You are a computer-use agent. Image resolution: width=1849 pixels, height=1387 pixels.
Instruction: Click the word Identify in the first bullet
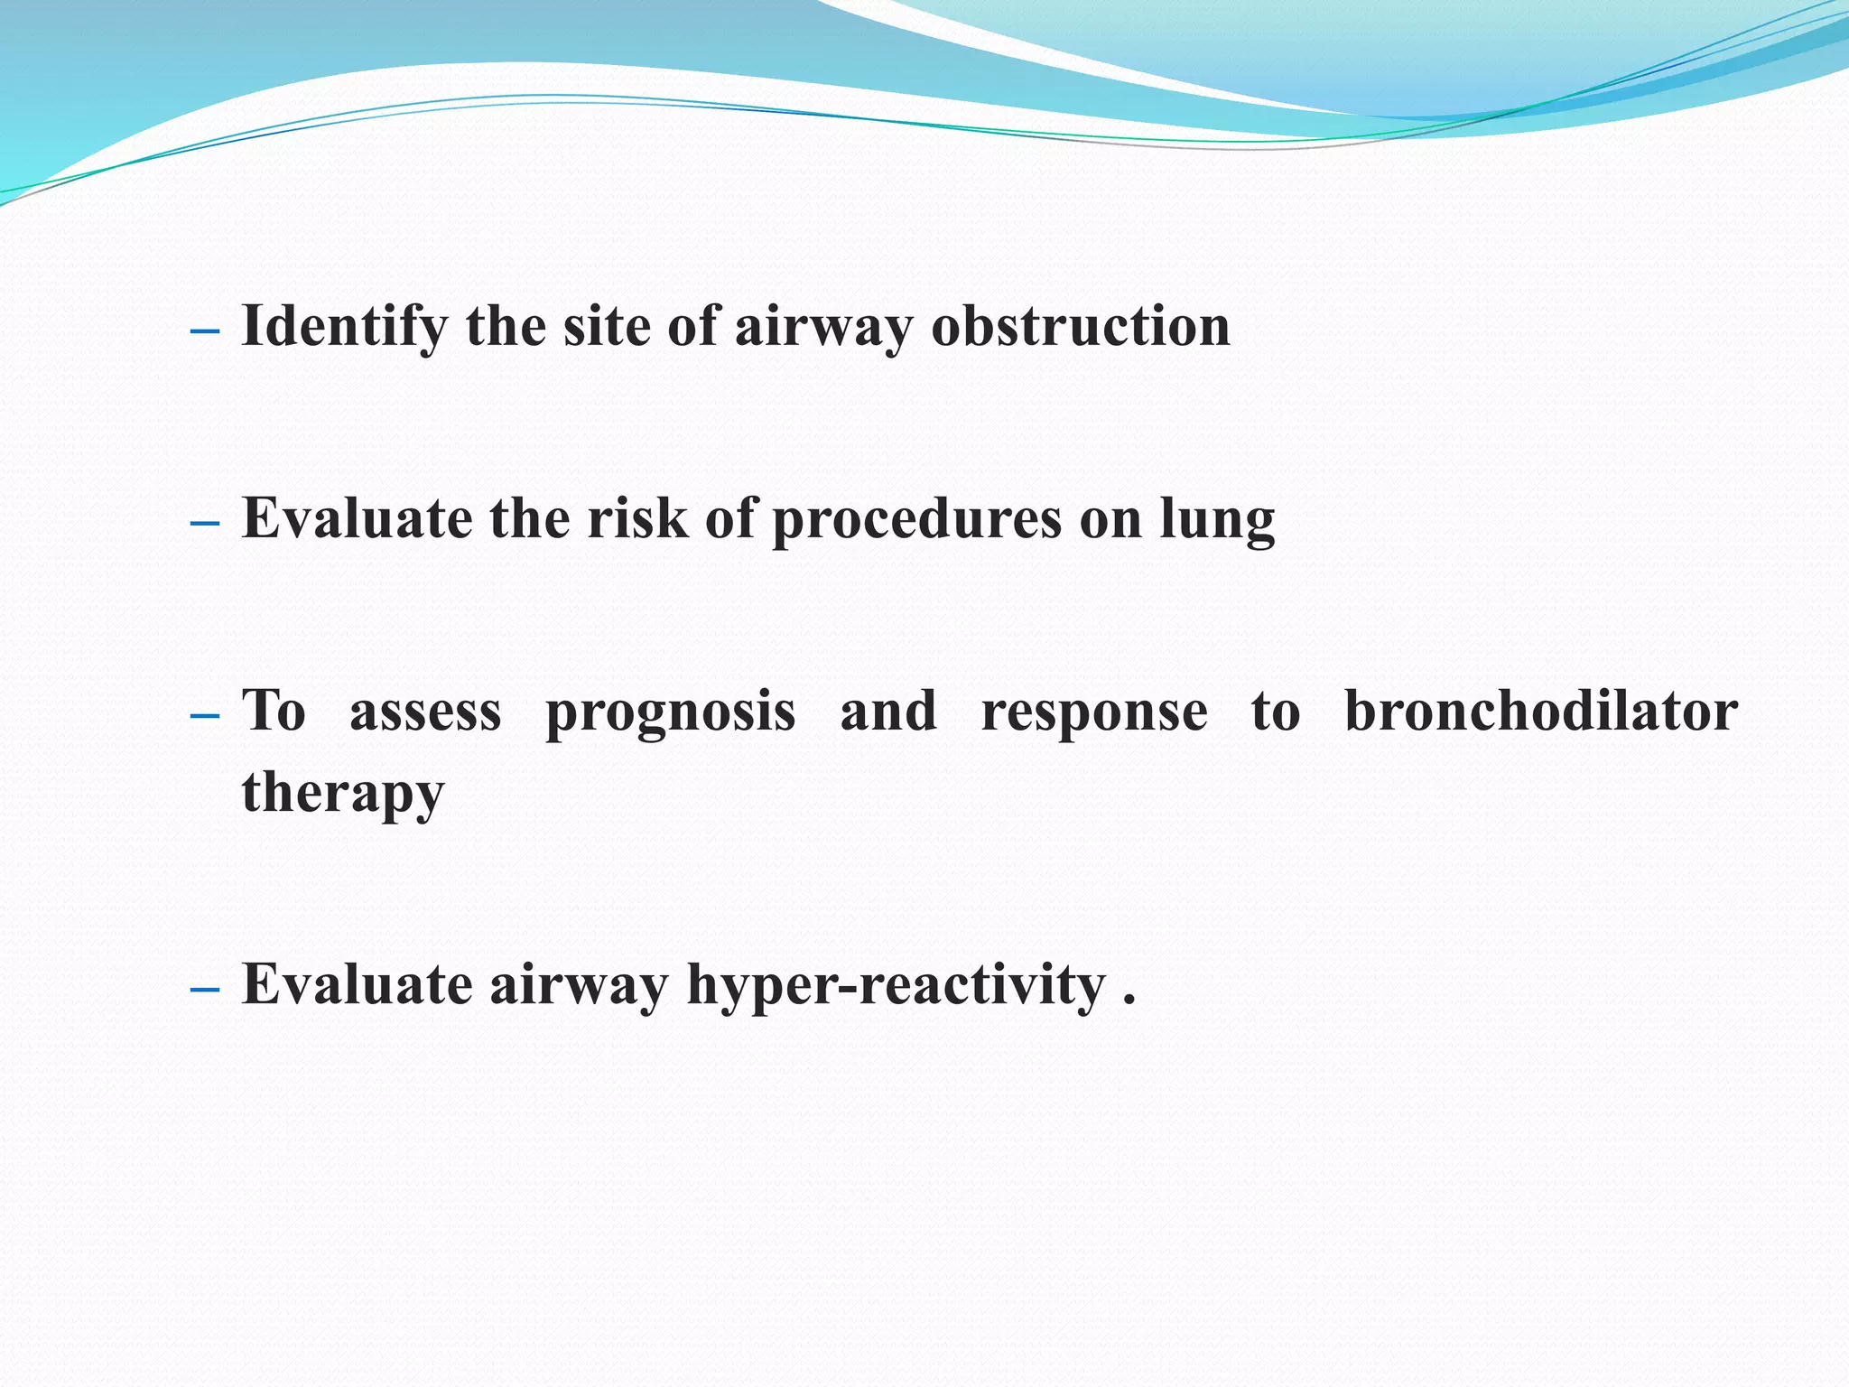coord(344,327)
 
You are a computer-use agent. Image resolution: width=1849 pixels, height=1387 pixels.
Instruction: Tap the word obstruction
coord(1080,327)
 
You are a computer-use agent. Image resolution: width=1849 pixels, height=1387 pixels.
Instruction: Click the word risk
coord(637,519)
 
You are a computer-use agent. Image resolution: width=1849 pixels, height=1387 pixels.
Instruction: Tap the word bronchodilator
coord(1540,712)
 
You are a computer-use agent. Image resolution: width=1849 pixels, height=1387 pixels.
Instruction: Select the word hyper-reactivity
coord(896,985)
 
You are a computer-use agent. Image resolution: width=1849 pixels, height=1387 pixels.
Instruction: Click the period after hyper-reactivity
coord(1129,1000)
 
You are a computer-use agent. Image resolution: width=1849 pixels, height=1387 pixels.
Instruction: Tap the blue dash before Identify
coord(205,331)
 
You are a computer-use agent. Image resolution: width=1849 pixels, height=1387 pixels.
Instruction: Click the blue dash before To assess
coord(205,717)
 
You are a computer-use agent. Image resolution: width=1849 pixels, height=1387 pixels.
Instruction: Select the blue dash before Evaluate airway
coord(205,990)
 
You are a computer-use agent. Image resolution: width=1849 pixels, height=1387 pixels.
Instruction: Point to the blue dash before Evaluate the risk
coord(205,524)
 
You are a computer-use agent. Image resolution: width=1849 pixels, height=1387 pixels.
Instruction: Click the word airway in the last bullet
coord(579,985)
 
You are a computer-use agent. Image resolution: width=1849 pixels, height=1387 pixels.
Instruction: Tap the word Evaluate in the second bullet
coord(357,519)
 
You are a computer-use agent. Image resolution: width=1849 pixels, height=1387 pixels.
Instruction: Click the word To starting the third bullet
coord(274,712)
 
